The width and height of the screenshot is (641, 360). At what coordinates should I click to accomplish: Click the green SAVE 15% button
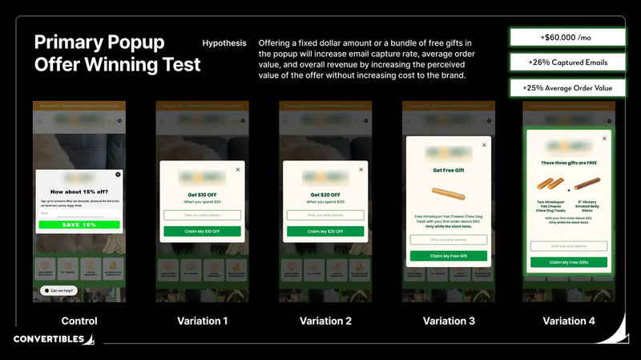(79, 224)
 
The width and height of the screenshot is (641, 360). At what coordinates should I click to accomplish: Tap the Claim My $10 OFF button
(202, 231)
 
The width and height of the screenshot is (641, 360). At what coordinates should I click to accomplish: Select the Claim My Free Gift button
(448, 256)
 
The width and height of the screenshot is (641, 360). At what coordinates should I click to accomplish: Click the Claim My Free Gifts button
(568, 262)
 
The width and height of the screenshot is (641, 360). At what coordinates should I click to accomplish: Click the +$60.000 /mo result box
(567, 37)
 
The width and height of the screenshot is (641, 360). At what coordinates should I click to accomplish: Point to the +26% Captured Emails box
(567, 63)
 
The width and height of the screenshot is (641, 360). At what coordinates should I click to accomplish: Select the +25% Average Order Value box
(567, 88)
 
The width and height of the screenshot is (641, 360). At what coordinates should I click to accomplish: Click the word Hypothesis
(224, 43)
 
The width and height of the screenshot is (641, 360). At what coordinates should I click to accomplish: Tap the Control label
(79, 321)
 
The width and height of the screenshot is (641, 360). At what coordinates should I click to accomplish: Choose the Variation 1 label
(202, 321)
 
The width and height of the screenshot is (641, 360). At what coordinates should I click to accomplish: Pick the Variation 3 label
(448, 321)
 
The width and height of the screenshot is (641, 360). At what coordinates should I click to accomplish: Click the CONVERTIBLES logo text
(48, 339)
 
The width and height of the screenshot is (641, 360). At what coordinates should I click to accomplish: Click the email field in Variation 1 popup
(202, 215)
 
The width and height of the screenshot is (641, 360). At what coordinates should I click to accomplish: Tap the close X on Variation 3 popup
(483, 145)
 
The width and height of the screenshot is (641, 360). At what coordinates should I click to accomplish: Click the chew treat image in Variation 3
(448, 193)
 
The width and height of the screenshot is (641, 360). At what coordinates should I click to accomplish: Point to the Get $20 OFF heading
(325, 195)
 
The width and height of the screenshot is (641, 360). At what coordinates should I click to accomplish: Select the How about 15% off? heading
(79, 192)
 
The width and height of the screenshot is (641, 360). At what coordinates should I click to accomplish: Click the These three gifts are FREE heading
(568, 163)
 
